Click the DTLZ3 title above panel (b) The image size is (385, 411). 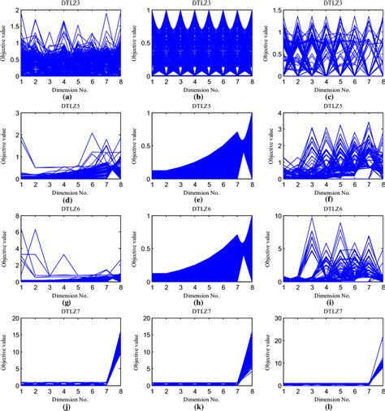(195, 4)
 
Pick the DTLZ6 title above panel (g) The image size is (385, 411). (67, 208)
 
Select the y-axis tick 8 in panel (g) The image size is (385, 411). (10, 215)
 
